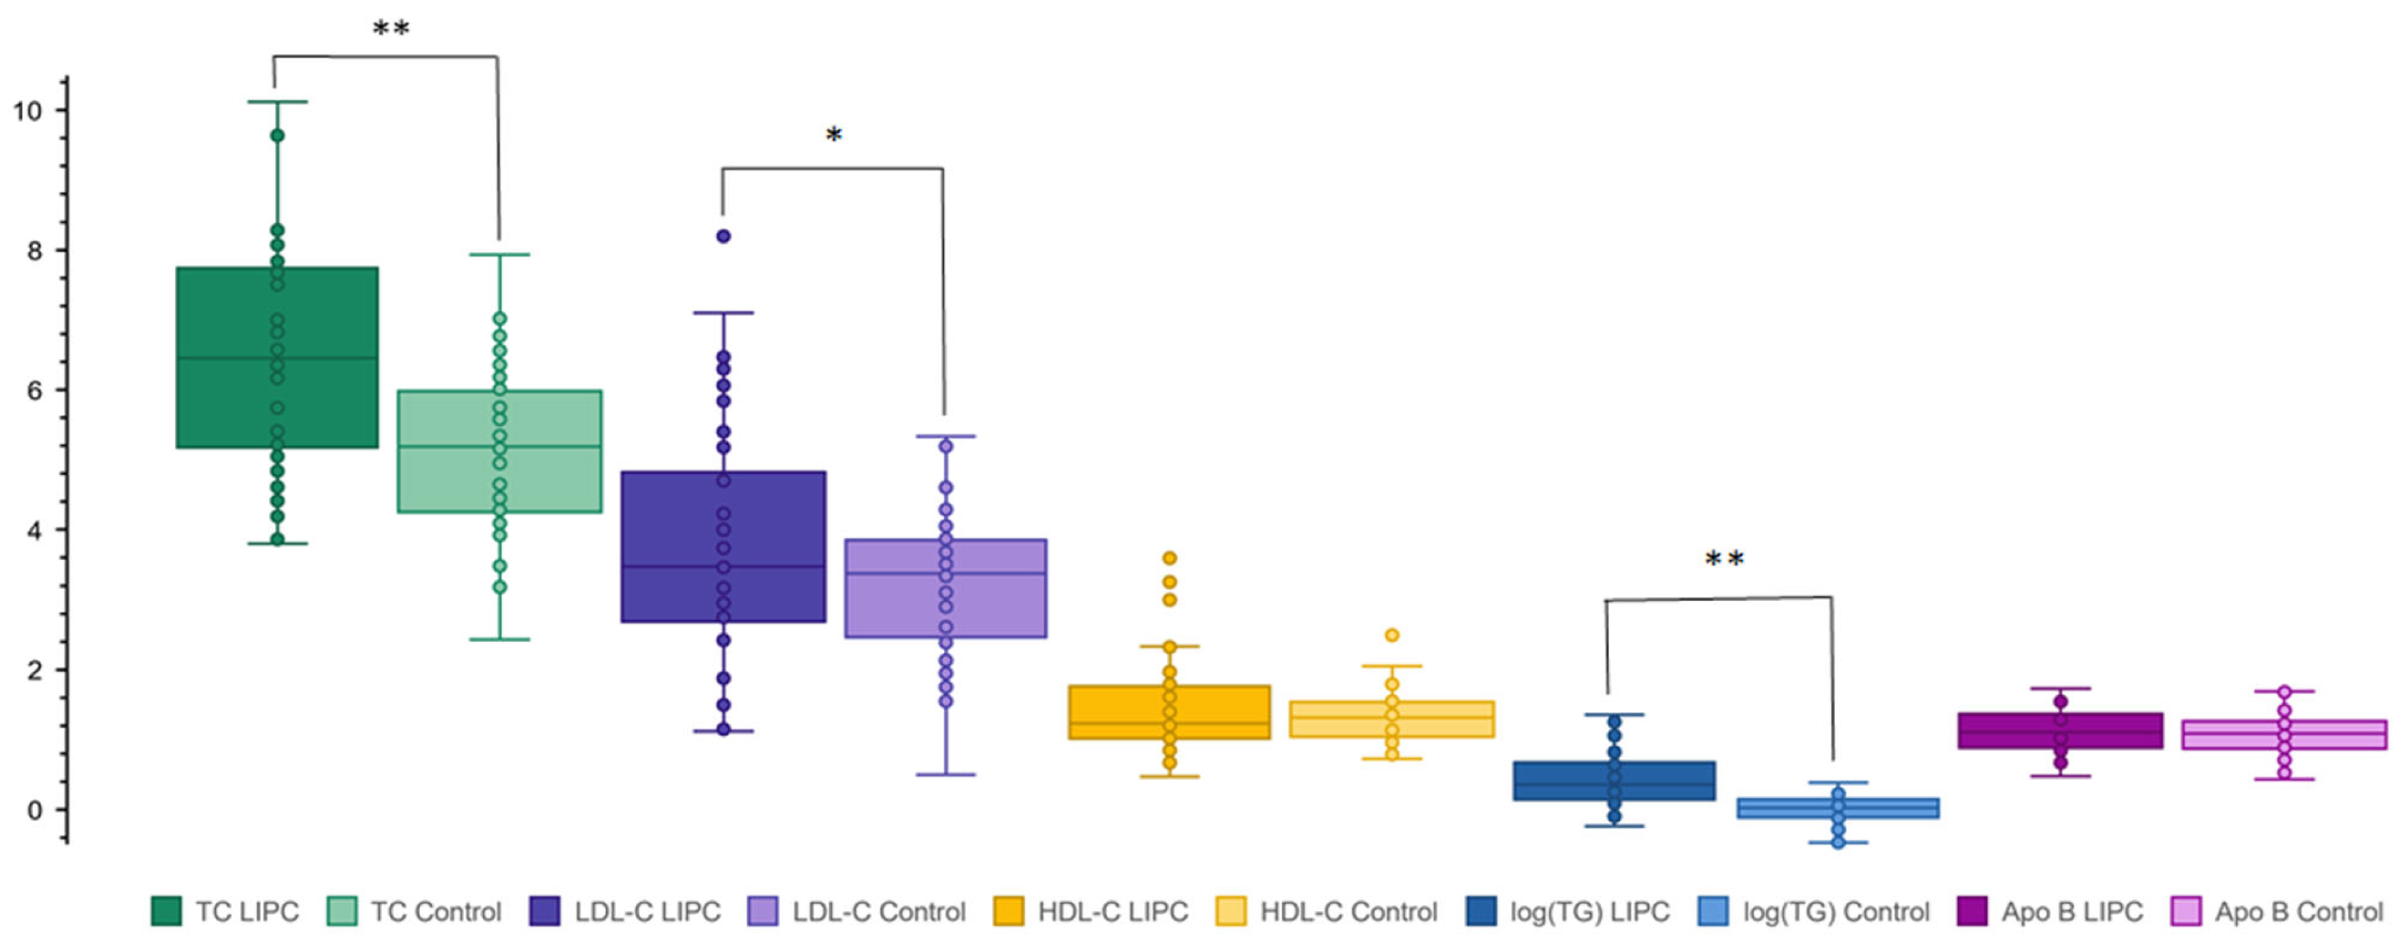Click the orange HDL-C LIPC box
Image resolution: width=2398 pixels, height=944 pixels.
[x=1117, y=712]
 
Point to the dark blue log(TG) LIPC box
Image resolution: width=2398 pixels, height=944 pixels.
[x=1564, y=780]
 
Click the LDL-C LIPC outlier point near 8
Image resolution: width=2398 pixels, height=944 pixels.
[x=723, y=237]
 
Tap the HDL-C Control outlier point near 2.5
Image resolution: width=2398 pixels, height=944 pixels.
[x=1392, y=635]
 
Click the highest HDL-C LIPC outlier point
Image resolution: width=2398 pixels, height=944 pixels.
[x=1169, y=559]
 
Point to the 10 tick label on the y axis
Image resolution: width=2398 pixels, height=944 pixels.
[x=27, y=112]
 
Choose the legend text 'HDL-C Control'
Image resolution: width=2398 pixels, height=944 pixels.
[x=1348, y=911]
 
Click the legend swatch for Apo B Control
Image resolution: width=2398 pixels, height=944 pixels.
[x=2186, y=911]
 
